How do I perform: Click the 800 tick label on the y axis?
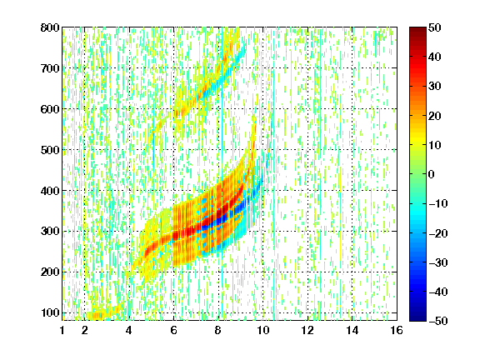(50, 27)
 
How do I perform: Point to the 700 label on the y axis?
(50, 68)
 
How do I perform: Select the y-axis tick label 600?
(50, 109)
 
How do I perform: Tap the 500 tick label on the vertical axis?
(50, 150)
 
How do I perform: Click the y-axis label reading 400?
(50, 191)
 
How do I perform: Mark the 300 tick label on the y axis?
(50, 232)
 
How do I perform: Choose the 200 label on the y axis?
(50, 272)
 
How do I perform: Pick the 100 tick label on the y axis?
(50, 312)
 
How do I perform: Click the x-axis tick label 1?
(62, 330)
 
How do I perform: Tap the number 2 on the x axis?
(84, 330)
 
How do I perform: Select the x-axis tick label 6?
(174, 330)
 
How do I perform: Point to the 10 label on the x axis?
(263, 330)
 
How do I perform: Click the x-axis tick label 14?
(352, 330)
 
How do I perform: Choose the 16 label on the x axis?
(397, 330)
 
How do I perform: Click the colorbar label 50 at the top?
(435, 27)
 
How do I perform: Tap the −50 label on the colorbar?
(438, 321)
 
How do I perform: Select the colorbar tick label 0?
(432, 174)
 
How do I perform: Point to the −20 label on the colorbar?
(438, 233)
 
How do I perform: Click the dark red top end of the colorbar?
(417, 28)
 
